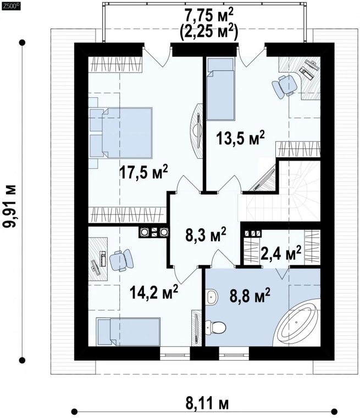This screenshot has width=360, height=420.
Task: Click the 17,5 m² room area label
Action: pyautogui.click(x=143, y=172)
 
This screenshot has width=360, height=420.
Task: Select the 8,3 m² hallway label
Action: pyautogui.click(x=206, y=235)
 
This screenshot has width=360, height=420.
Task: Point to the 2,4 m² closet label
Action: pyautogui.click(x=281, y=253)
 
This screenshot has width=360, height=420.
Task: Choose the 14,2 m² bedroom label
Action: pyautogui.click(x=153, y=292)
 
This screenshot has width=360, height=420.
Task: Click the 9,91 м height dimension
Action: pyautogui.click(x=10, y=206)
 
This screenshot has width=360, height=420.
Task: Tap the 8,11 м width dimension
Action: pyautogui.click(x=207, y=404)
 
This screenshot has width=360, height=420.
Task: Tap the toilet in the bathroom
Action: pyautogui.click(x=216, y=327)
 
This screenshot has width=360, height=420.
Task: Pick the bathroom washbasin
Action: pyautogui.click(x=212, y=297)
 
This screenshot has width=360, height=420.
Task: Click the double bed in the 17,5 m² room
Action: pyautogui.click(x=121, y=133)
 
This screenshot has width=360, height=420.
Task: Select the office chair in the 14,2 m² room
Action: pyautogui.click(x=122, y=260)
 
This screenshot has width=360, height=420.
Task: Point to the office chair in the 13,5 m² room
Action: pyautogui.click(x=284, y=86)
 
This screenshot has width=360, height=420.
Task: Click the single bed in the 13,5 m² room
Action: pyautogui.click(x=220, y=89)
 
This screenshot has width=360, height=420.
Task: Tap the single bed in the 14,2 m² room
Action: pyautogui.click(x=128, y=331)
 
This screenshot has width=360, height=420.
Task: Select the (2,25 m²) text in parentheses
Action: pyautogui.click(x=209, y=32)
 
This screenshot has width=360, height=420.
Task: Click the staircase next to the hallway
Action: pyautogui.click(x=280, y=191)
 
